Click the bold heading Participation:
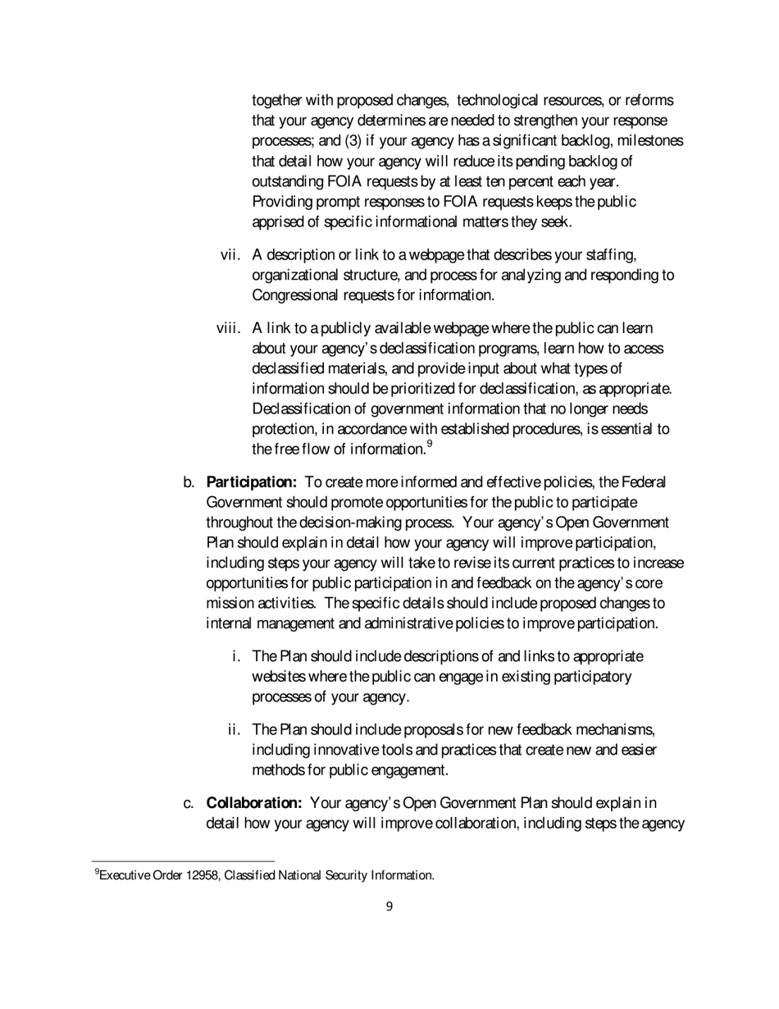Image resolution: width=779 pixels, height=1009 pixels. pyautogui.click(x=252, y=482)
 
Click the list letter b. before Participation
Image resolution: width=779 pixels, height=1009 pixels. pyautogui.click(x=189, y=482)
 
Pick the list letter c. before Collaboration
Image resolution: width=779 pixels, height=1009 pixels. pyautogui.click(x=189, y=801)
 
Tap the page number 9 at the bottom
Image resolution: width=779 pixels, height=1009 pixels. pyautogui.click(x=389, y=906)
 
